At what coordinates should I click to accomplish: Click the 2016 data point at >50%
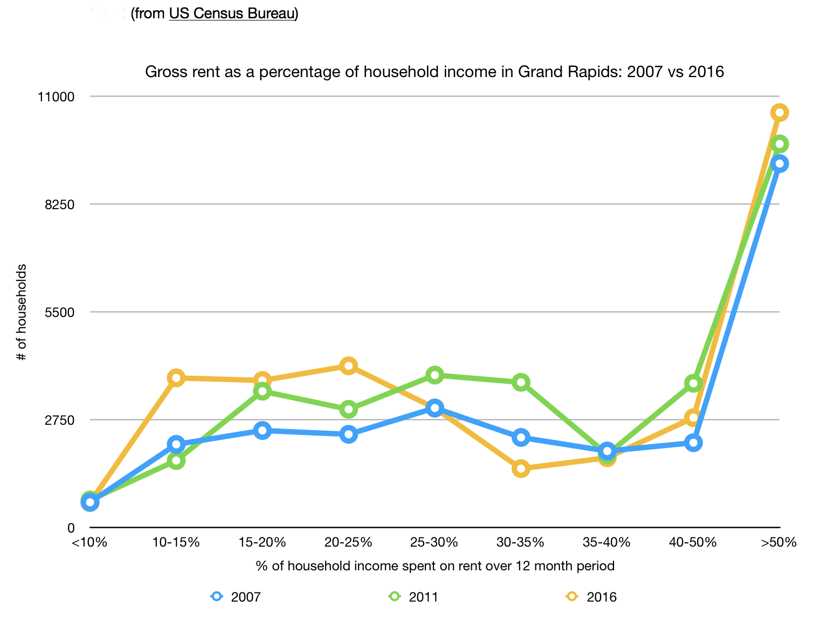pyautogui.click(x=779, y=113)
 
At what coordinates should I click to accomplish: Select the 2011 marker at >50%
pyautogui.click(x=779, y=144)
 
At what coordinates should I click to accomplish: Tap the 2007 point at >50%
pyautogui.click(x=779, y=163)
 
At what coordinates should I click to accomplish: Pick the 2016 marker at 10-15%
pyautogui.click(x=176, y=378)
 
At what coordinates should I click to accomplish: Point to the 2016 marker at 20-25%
pyautogui.click(x=348, y=366)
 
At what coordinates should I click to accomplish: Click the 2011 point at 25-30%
pyautogui.click(x=434, y=375)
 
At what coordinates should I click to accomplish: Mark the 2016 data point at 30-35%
pyautogui.click(x=521, y=468)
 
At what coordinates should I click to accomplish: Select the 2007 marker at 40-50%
pyautogui.click(x=693, y=443)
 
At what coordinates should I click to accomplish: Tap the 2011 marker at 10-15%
pyautogui.click(x=176, y=460)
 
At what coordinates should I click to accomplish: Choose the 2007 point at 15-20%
pyautogui.click(x=262, y=430)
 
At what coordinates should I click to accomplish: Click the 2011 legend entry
pyautogui.click(x=414, y=597)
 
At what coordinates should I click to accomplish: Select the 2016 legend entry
pyautogui.click(x=592, y=597)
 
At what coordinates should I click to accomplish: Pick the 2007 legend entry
pyautogui.click(x=236, y=597)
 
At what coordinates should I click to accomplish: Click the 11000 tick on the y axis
pyautogui.click(x=56, y=97)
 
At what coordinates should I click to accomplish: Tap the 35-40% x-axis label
pyautogui.click(x=606, y=542)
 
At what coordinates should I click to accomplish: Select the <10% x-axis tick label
pyautogui.click(x=89, y=542)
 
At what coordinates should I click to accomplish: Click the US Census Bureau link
pyautogui.click(x=232, y=13)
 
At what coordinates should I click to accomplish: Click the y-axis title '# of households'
pyautogui.click(x=22, y=313)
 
